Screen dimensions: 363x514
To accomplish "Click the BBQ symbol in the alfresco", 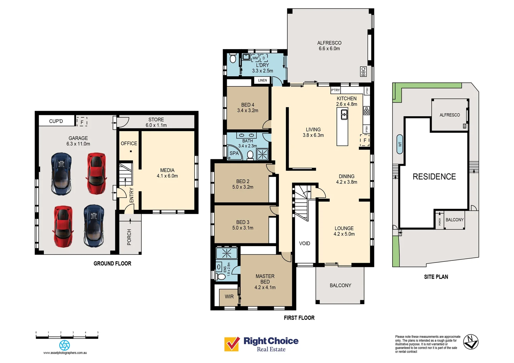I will point(363,72).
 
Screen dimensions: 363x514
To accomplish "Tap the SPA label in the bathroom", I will point(234,153).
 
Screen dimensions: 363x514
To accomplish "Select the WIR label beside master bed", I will point(229,296).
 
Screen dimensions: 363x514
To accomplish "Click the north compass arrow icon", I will point(471,342).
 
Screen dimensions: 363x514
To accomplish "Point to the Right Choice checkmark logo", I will point(232,344).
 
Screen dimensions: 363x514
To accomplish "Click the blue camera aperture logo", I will point(65,345).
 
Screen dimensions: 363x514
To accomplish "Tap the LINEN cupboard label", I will point(262,80).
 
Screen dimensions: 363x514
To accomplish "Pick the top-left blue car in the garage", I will point(61,174).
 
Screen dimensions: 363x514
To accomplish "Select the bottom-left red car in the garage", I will point(63,226).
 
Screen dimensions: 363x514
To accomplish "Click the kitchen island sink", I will point(344,115).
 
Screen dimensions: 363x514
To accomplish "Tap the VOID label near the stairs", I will point(304,243).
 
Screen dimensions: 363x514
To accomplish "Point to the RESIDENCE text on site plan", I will point(434,176).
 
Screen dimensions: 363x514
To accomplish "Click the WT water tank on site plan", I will point(400,144).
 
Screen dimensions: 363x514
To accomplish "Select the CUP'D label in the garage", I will point(56,121).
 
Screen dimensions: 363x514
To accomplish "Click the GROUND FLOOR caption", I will point(112,264).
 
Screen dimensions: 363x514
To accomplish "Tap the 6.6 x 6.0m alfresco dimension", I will point(329,49).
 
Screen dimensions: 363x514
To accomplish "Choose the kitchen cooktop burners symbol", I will point(366,110).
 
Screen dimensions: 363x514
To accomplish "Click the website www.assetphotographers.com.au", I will point(65,353).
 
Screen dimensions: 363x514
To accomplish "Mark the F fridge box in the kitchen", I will point(365,140).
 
